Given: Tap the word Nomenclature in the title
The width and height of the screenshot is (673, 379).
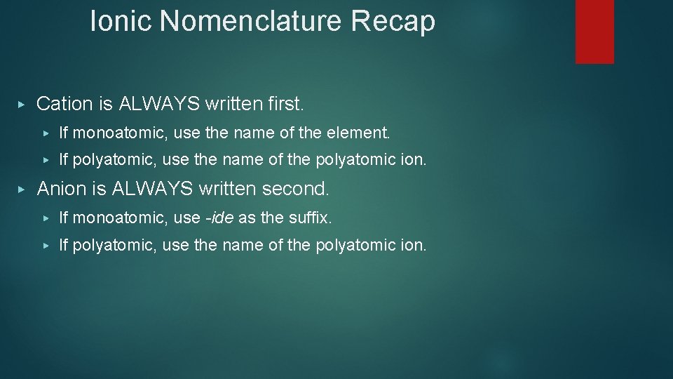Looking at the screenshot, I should point(252,21).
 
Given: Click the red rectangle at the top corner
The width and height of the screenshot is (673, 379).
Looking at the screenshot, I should point(594,31).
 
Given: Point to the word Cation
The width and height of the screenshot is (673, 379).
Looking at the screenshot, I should point(64,104).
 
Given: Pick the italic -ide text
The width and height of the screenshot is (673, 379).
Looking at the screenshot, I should point(219,218).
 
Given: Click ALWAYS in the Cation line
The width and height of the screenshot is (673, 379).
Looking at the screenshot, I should point(160,104).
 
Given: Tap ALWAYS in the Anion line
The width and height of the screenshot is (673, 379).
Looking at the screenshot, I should point(153,189).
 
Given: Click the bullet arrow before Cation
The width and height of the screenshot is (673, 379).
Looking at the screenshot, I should point(22,104).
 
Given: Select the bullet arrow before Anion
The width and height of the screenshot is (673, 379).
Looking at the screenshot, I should point(22,189).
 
